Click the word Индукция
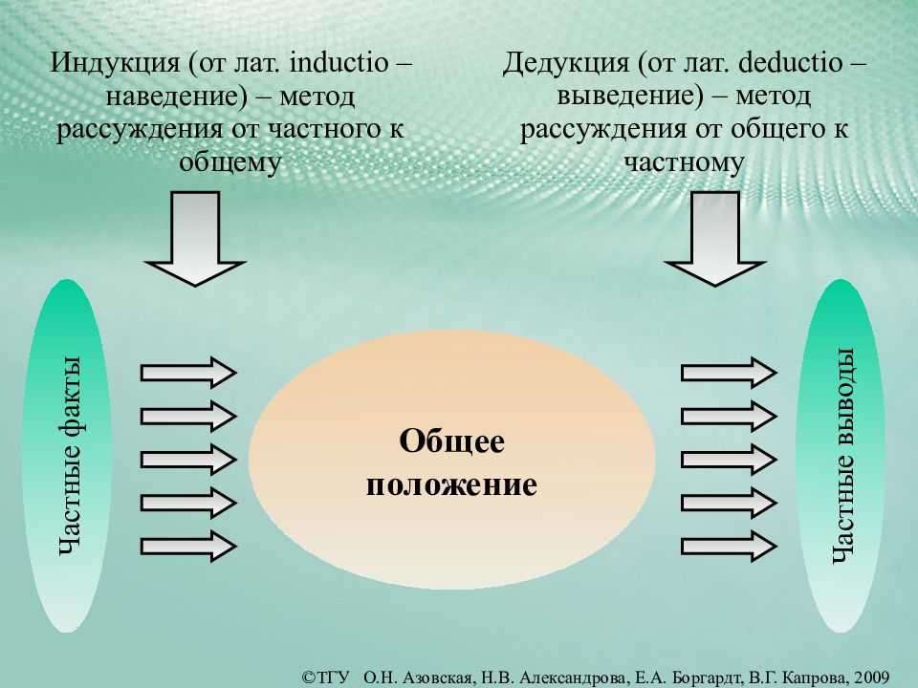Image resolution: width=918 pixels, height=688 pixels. point(115,64)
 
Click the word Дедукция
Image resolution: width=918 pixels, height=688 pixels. point(565,64)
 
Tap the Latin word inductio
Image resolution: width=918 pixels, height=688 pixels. point(339,62)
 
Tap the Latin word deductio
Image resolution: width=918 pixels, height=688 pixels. point(791,62)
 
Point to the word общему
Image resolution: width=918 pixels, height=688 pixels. point(230,163)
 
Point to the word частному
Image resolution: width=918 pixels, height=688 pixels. point(685,163)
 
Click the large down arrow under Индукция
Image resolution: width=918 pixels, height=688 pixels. point(195,239)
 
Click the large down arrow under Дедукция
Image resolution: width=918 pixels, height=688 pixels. point(715,239)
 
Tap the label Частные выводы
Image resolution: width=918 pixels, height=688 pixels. point(843,456)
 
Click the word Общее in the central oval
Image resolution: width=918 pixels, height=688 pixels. point(451,441)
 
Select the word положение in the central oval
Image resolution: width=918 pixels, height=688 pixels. point(451,485)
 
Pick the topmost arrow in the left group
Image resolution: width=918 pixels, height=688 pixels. point(188,373)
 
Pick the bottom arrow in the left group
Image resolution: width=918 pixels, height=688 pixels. point(188,547)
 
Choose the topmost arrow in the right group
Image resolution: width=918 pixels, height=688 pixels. point(729,373)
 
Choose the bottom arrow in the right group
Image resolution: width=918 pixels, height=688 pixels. point(729,547)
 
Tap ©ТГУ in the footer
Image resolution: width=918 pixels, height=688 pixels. point(325,677)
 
